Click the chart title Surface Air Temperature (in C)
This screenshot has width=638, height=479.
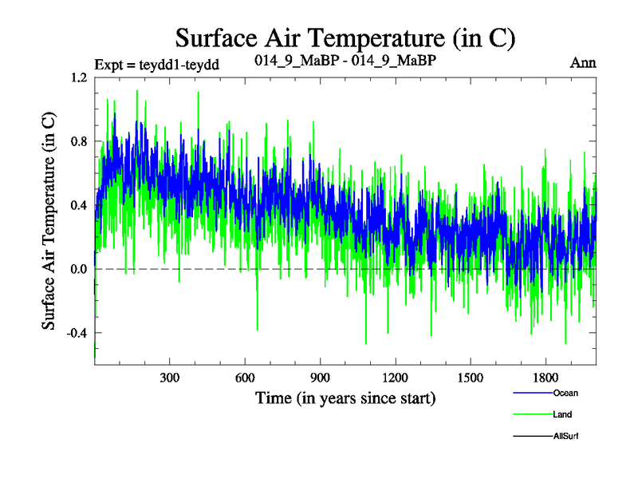[x=345, y=38]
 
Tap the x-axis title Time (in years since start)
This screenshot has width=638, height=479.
[x=345, y=397]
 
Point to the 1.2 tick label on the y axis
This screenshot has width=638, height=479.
[x=78, y=78]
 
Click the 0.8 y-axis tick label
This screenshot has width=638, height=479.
[x=78, y=142]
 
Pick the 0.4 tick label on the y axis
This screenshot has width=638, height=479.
[x=78, y=205]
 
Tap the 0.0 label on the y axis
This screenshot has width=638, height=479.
[x=78, y=269]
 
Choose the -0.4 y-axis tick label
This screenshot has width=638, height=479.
[x=77, y=333]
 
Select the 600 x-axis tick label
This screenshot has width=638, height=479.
[x=245, y=377]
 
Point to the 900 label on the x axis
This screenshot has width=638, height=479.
[x=320, y=377]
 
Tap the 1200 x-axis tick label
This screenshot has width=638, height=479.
[x=395, y=377]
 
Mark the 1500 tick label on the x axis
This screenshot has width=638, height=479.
[x=470, y=377]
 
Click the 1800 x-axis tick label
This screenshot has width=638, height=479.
[x=545, y=377]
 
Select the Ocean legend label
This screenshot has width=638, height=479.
[x=565, y=393]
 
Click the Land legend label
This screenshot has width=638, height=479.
[x=562, y=414]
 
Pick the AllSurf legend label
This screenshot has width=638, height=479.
[x=565, y=437]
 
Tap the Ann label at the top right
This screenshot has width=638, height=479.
[x=584, y=62]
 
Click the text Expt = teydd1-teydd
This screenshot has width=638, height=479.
[x=156, y=63]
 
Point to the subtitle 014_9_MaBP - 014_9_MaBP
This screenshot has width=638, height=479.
[x=345, y=61]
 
